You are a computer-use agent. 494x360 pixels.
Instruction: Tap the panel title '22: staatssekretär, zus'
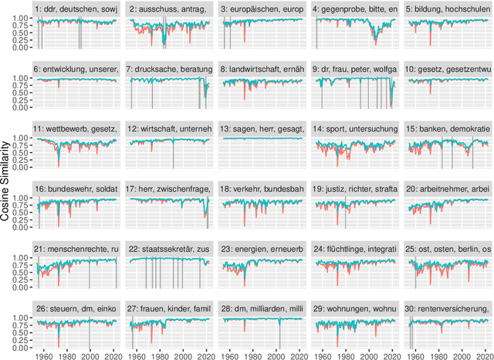(169, 249)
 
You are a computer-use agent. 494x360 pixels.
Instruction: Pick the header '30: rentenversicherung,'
(448, 309)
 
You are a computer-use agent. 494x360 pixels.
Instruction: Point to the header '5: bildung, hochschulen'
(448, 8)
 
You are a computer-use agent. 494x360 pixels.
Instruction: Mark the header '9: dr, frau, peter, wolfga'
(355, 68)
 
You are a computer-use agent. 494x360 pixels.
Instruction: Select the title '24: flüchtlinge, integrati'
(355, 249)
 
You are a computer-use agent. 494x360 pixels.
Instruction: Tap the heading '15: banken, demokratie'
(448, 127)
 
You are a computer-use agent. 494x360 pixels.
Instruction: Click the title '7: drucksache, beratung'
(169, 68)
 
